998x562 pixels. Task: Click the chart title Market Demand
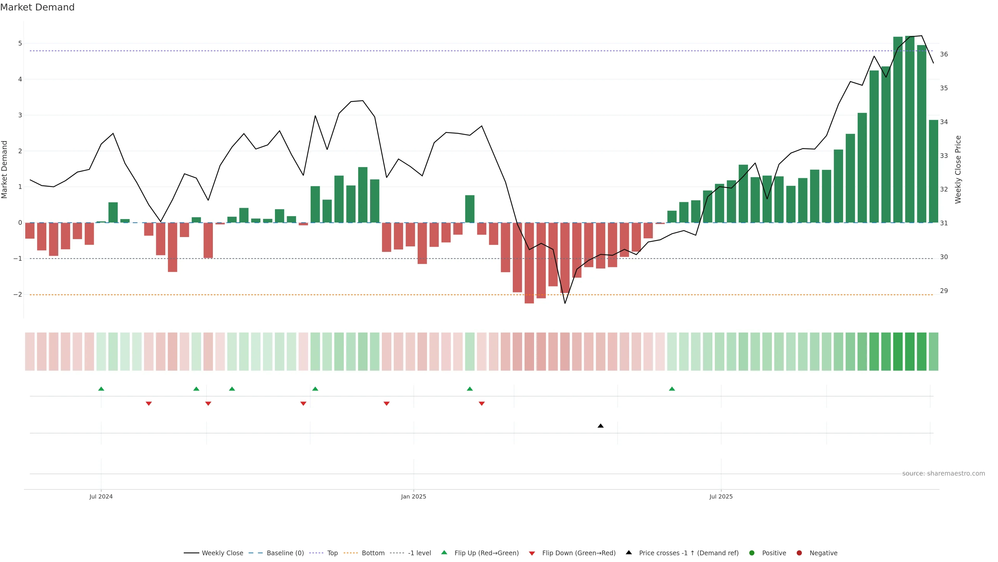37,7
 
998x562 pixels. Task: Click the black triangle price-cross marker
601,426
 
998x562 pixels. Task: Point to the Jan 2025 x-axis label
413,496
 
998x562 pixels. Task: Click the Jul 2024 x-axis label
101,496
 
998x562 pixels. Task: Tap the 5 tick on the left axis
20,43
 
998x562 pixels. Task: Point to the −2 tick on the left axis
18,294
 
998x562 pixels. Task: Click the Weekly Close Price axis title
958,169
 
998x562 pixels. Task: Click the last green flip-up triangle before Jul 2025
672,389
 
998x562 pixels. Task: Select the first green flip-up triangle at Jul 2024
101,389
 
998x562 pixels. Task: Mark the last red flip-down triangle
482,404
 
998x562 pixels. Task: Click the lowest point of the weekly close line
565,303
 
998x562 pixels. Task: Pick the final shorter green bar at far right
933,171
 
